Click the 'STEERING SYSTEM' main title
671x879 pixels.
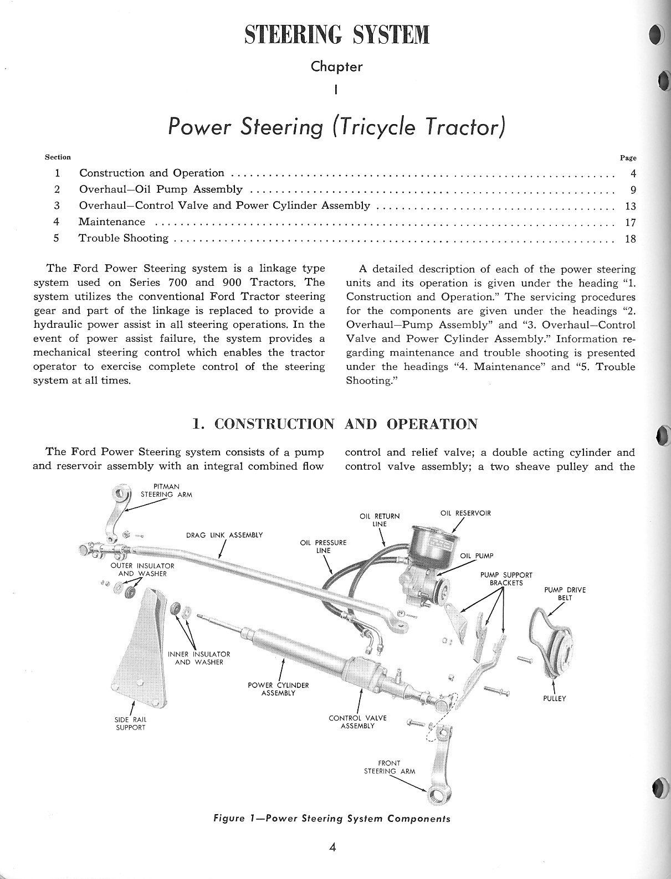(x=336, y=34)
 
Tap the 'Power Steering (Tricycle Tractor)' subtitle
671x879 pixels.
(x=336, y=127)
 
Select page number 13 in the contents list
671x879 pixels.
(x=630, y=207)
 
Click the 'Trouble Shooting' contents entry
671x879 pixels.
(x=124, y=238)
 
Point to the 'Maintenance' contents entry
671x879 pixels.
(x=112, y=222)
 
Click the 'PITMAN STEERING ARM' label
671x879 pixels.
(x=166, y=490)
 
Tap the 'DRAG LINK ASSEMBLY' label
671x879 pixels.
(x=224, y=535)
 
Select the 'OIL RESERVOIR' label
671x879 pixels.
(x=465, y=513)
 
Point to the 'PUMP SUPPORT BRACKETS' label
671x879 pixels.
(x=506, y=579)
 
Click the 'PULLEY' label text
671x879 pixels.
(x=554, y=698)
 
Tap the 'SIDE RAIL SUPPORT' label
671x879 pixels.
(x=130, y=723)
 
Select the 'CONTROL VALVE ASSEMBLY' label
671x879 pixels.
(x=357, y=722)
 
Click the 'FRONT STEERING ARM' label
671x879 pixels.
(x=389, y=767)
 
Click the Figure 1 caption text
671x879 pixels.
(x=331, y=819)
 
